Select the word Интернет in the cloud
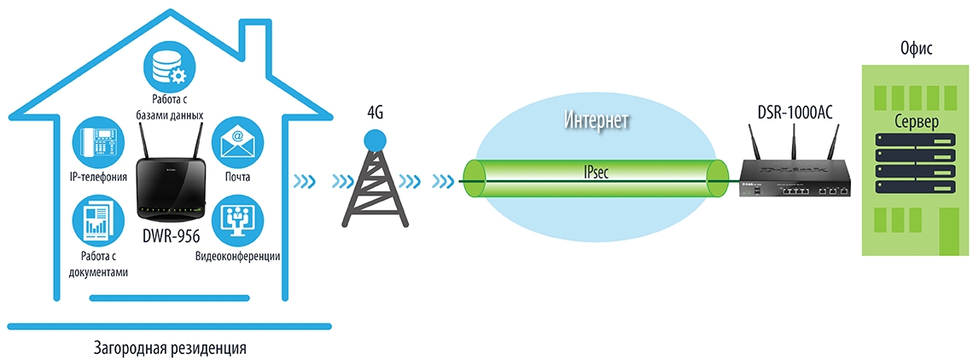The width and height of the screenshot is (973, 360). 597,120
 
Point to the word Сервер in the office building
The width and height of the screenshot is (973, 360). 916,121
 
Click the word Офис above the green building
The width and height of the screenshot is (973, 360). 916,49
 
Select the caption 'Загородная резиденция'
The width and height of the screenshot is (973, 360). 171,348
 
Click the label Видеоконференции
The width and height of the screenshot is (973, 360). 238,256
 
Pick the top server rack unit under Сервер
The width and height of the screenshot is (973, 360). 916,141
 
